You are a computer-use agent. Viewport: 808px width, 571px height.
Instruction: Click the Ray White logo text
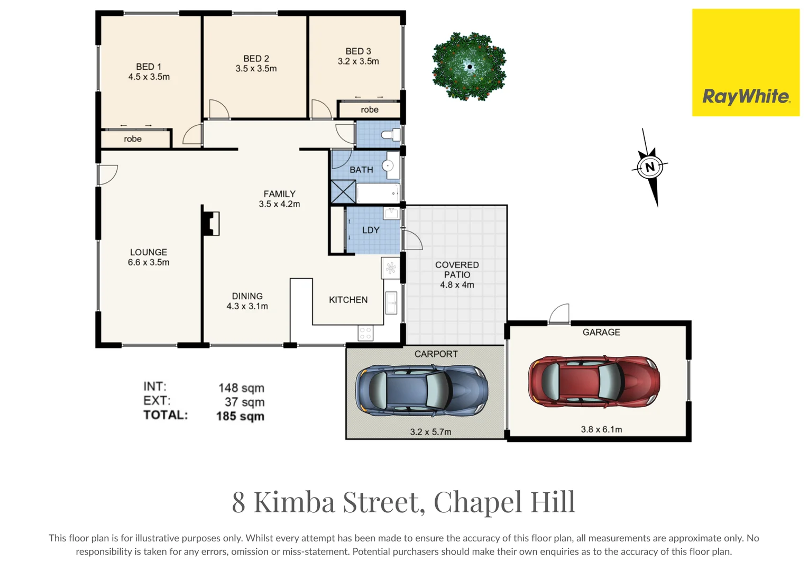click(746, 97)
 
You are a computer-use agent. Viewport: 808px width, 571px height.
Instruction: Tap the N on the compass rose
click(650, 167)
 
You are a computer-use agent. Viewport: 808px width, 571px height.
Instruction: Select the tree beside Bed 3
click(469, 67)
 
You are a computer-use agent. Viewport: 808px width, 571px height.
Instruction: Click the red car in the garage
click(594, 381)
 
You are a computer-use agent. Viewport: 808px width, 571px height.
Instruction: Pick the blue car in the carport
click(421, 390)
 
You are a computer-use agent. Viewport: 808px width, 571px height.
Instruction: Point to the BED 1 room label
click(149, 67)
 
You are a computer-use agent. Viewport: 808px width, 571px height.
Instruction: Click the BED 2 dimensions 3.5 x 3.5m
click(256, 69)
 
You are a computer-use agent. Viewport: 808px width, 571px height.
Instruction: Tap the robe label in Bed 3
click(370, 110)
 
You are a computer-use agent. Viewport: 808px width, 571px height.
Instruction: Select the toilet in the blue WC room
click(391, 135)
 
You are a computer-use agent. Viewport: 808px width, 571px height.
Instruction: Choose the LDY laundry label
click(371, 230)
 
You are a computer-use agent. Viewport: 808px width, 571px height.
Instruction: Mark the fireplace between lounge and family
click(211, 224)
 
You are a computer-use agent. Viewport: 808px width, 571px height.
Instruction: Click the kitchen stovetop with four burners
click(365, 333)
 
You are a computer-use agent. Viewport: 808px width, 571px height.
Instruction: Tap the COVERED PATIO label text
click(457, 270)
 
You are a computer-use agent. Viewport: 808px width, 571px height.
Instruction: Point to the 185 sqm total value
click(240, 416)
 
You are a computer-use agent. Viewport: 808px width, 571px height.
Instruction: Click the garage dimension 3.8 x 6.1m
click(601, 429)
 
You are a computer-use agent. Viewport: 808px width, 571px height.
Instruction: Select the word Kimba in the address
click(295, 502)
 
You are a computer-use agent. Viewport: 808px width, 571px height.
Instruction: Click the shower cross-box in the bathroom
click(343, 192)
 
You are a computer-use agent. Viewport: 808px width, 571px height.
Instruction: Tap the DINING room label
click(247, 296)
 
